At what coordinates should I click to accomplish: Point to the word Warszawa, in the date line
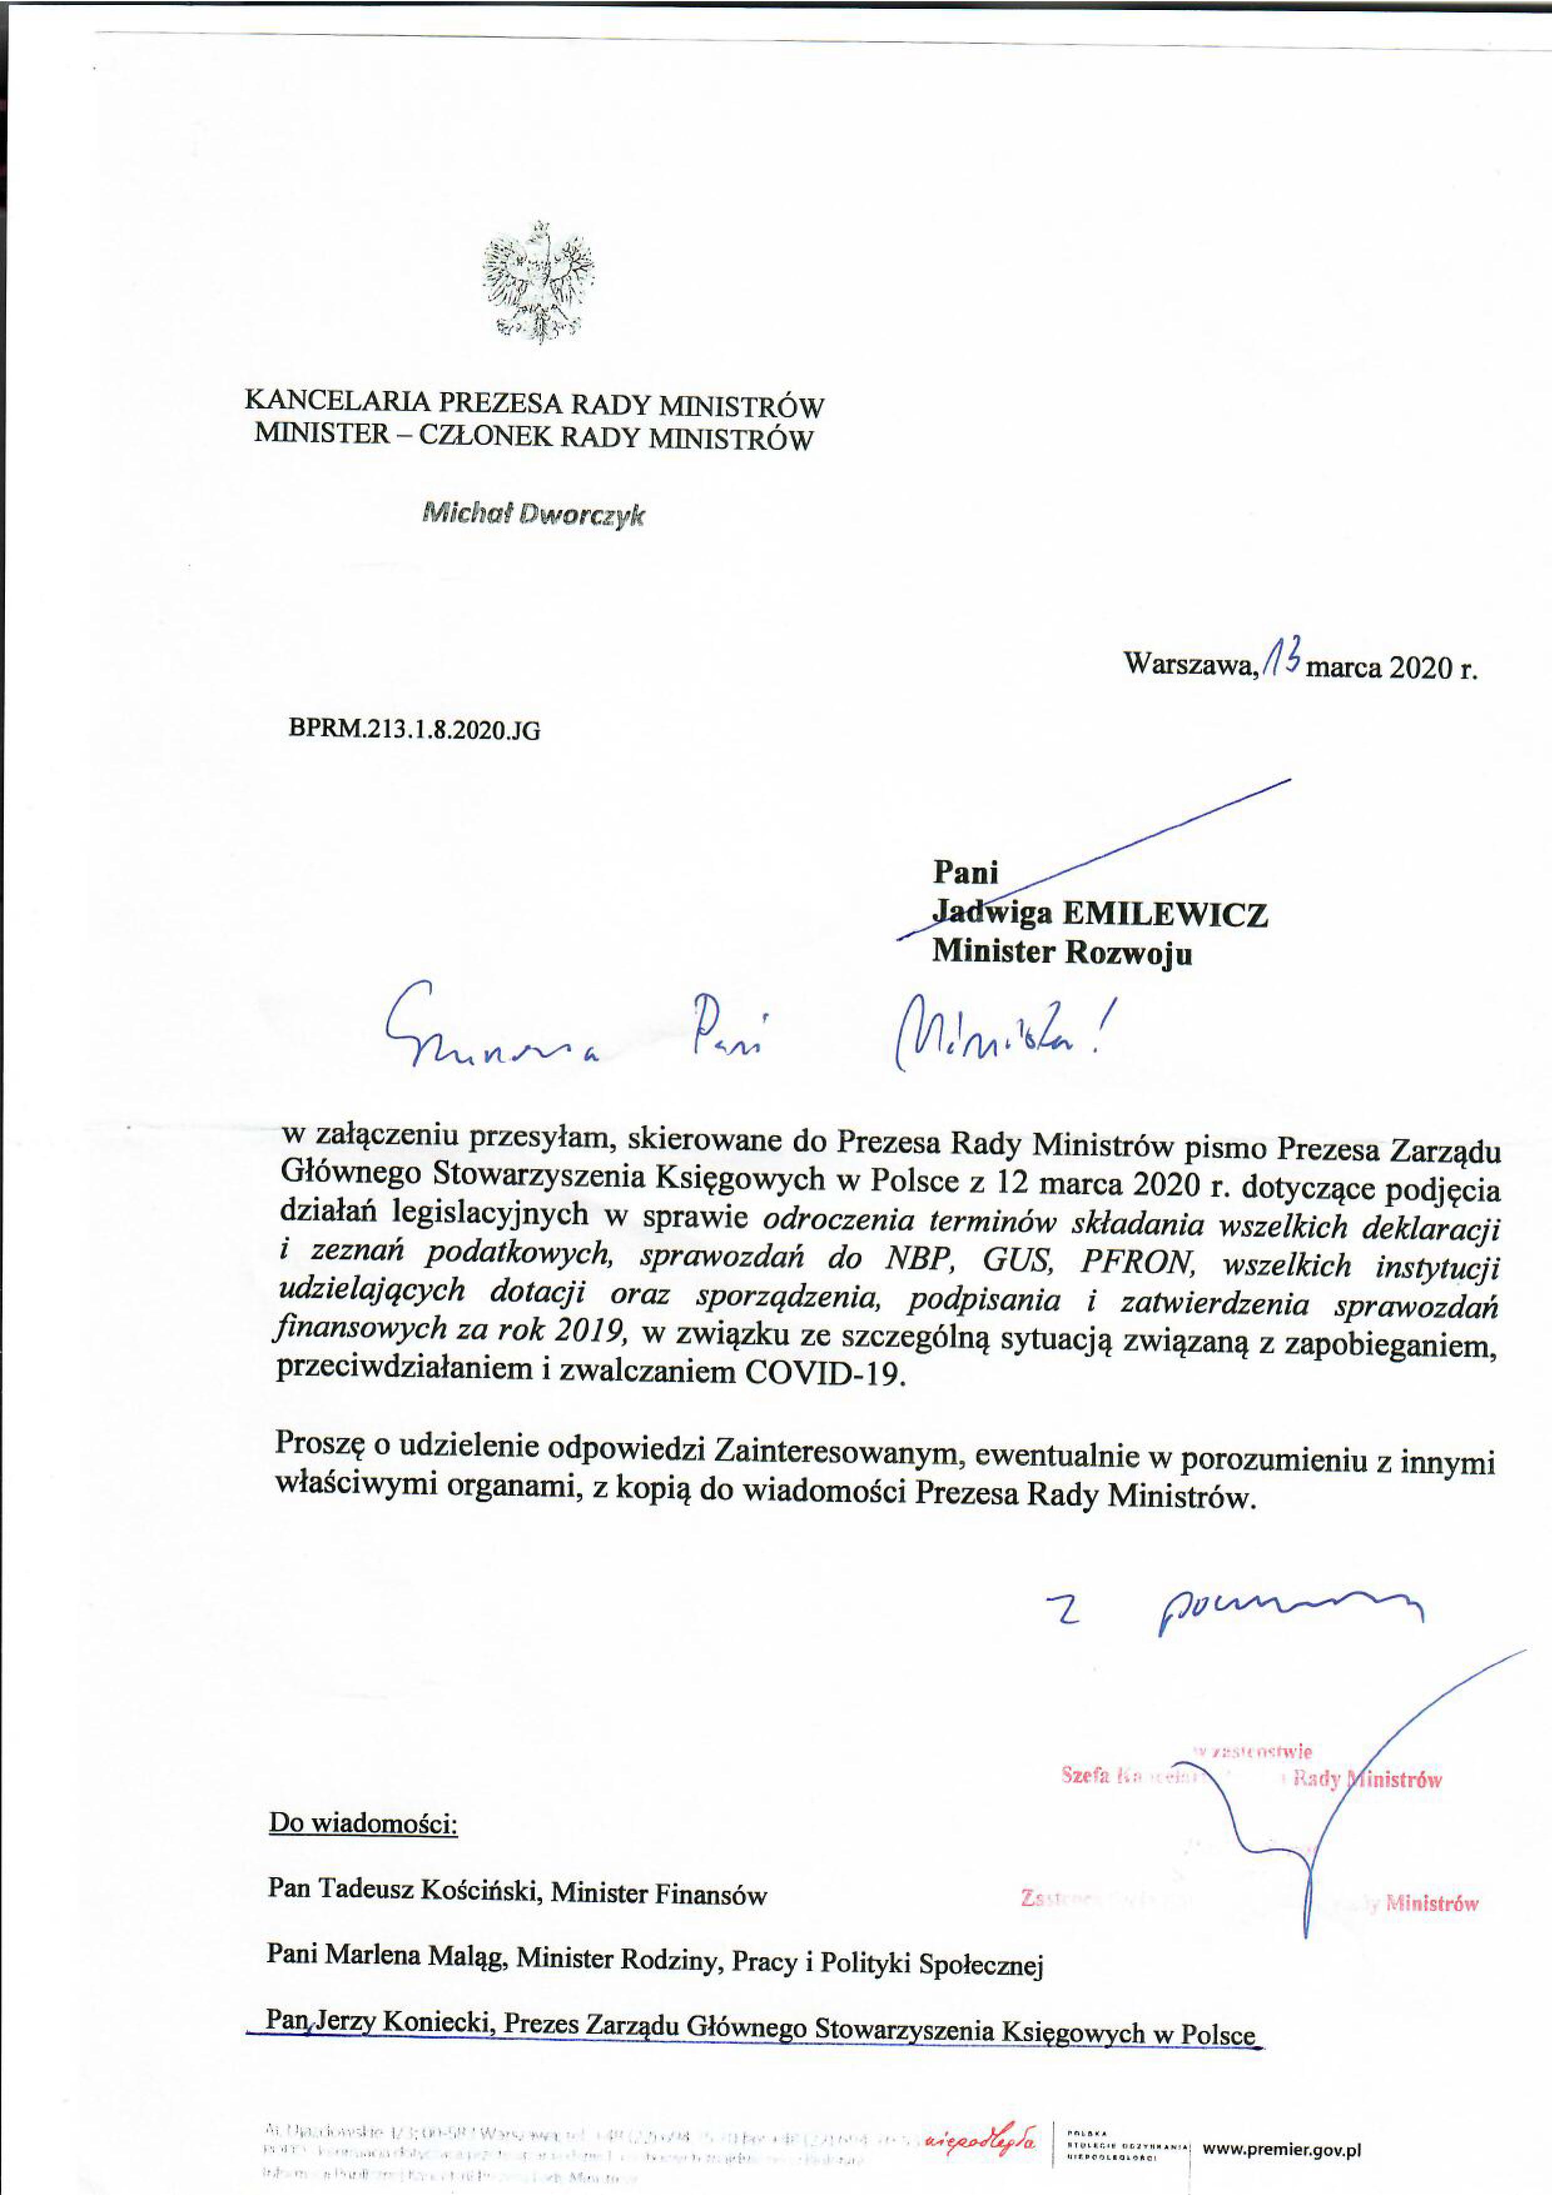pyautogui.click(x=1190, y=665)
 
